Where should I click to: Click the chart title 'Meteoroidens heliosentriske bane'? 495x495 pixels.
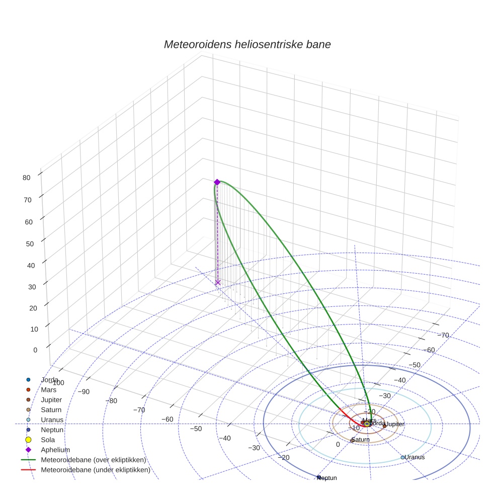247,44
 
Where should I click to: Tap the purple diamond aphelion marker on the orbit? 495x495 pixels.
217,182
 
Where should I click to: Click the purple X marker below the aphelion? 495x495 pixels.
218,283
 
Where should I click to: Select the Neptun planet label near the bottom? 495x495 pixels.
327,477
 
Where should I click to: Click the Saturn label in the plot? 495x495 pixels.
360,440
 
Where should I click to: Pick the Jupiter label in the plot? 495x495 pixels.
394,425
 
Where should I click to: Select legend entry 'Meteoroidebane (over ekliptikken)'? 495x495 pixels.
94,460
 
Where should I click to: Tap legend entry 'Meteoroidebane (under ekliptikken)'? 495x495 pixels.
95,470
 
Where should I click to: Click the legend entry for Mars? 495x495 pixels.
48,389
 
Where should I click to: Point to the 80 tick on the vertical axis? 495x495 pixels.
27,177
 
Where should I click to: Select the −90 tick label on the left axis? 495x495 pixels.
84,392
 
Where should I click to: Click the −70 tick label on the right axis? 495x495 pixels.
443,336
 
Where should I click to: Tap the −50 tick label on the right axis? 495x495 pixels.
415,365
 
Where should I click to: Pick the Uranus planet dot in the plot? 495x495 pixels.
403,457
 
